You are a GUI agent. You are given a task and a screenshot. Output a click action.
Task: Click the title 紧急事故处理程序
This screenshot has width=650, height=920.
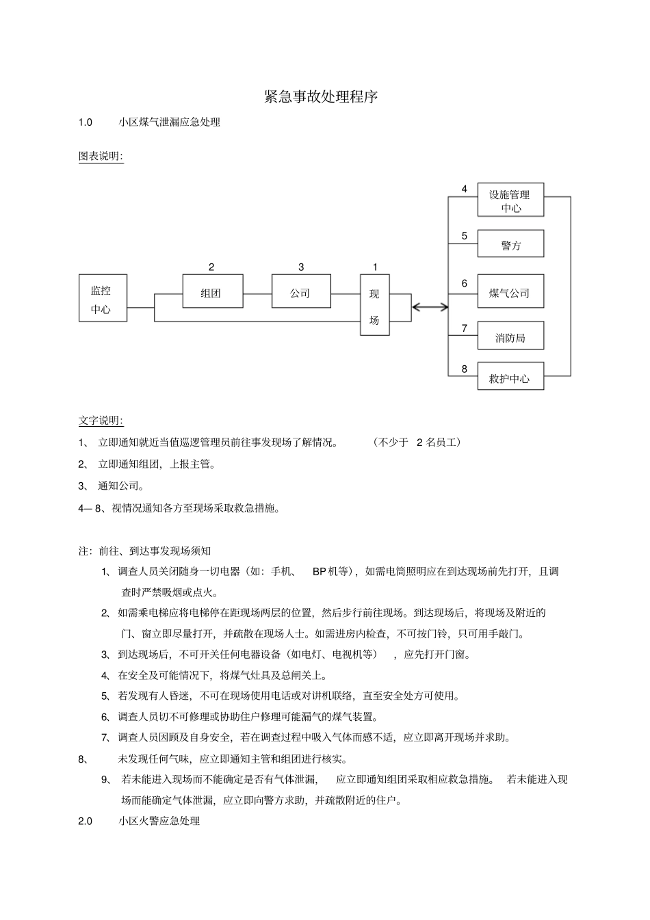tap(321, 96)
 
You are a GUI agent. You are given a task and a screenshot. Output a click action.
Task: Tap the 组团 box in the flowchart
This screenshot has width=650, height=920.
tap(212, 292)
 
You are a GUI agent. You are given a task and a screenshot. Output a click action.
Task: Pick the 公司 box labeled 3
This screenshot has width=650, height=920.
tap(301, 292)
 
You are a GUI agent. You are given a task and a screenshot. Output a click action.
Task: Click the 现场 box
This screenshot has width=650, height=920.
tap(374, 305)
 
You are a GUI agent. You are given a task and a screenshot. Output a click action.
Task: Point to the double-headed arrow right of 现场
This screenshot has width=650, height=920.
tap(430, 307)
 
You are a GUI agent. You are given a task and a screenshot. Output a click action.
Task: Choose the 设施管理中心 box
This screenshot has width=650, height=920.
tap(510, 200)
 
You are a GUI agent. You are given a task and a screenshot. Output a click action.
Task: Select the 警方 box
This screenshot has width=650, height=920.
tap(510, 244)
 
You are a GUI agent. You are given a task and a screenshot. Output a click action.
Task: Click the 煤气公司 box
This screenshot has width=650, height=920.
tap(510, 292)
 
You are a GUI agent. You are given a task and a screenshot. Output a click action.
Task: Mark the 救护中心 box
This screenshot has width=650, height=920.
tap(510, 377)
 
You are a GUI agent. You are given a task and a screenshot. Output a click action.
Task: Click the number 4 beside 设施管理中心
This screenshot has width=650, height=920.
tap(464, 189)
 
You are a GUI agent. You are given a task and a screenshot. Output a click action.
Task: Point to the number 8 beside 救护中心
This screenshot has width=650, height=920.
tap(464, 369)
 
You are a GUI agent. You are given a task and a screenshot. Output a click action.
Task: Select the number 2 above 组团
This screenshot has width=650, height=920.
tap(211, 267)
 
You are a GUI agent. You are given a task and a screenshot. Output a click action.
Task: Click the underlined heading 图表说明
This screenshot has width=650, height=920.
tap(101, 157)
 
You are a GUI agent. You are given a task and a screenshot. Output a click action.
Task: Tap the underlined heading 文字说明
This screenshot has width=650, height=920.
tap(101, 420)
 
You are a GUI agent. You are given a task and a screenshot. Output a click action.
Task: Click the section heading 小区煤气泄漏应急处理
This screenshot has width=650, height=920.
tap(169, 122)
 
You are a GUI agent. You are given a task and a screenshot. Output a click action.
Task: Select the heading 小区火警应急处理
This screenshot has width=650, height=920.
tap(159, 821)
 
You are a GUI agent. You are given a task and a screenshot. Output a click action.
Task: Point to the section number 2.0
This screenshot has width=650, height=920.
tap(86, 821)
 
